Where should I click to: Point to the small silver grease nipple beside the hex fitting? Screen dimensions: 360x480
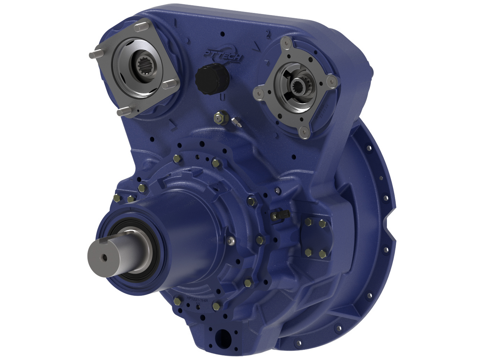click(x=236, y=122)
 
